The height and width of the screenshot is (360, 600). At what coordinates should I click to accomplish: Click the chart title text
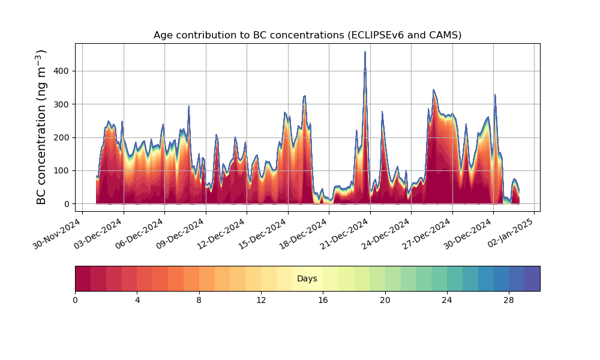[307, 35]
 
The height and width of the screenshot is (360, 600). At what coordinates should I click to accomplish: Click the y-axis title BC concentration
[41, 127]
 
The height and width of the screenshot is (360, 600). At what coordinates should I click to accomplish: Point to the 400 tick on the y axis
[62, 71]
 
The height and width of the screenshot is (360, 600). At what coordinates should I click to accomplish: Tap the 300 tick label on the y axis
[62, 104]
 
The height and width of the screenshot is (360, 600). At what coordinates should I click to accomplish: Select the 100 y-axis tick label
[62, 171]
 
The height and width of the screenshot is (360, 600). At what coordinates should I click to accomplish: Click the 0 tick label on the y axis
[67, 204]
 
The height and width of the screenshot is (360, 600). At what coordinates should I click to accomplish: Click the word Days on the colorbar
[307, 279]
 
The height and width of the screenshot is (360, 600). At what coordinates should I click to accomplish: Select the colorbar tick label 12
[261, 300]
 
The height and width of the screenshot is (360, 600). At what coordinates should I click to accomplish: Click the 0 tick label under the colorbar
[75, 300]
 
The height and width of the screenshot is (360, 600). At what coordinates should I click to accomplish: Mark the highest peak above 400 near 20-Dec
[365, 52]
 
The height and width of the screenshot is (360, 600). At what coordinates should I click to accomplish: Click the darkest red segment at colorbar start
[83, 278]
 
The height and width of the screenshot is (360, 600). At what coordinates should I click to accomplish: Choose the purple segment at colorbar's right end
[532, 278]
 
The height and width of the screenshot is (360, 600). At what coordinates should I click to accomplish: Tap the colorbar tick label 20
[385, 300]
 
